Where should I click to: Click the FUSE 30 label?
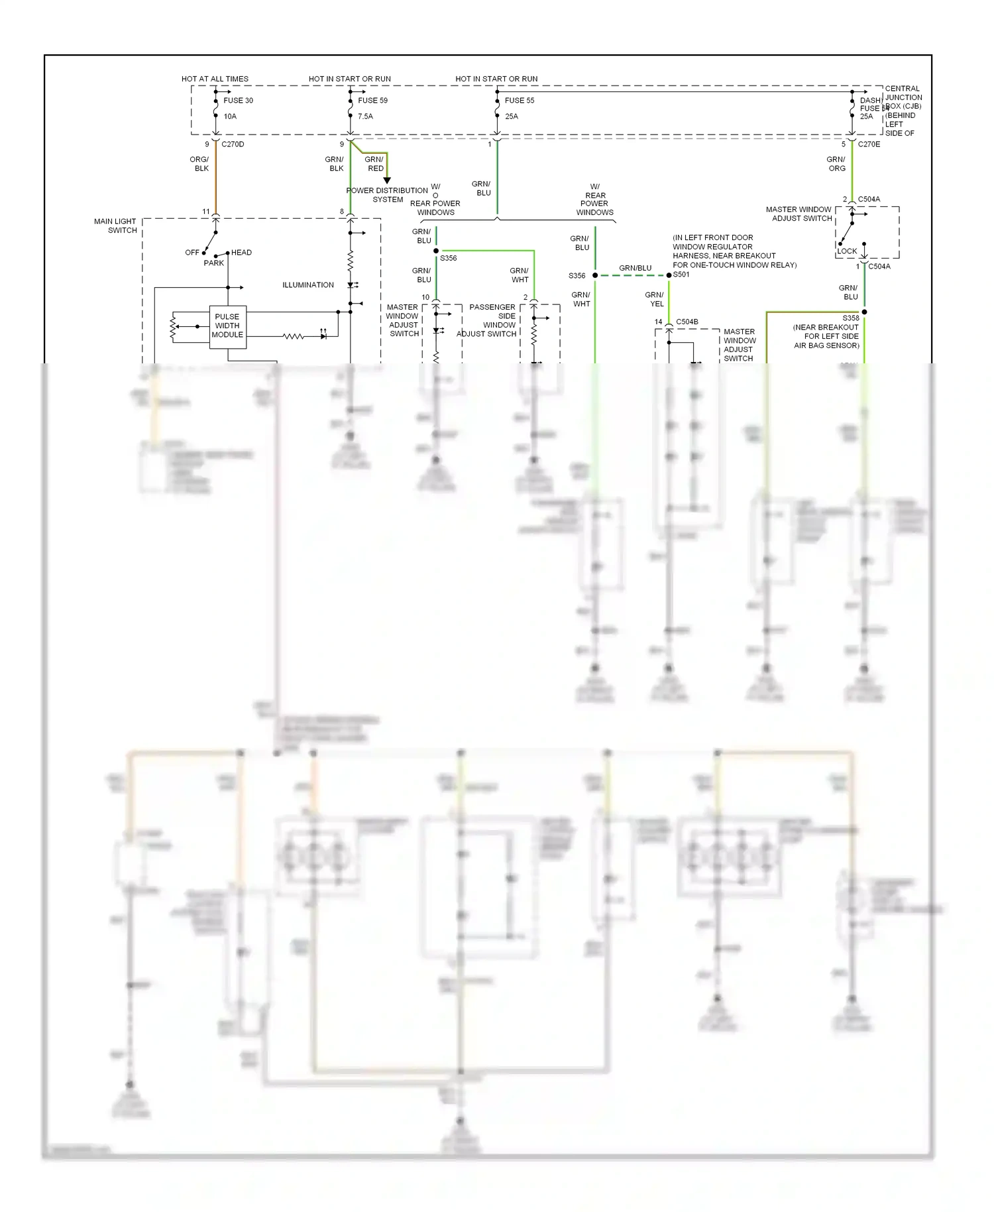click(x=238, y=101)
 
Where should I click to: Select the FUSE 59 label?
click(x=372, y=101)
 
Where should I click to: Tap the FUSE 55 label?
click(x=519, y=101)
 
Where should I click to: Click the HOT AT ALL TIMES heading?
click(x=215, y=79)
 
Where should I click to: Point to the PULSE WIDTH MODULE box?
click(x=227, y=326)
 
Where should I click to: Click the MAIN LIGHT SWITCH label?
click(x=116, y=226)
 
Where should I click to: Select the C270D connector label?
click(x=233, y=145)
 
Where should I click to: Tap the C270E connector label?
click(x=869, y=145)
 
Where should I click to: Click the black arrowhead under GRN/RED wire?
click(x=387, y=180)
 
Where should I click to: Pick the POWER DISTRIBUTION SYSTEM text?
click(x=387, y=195)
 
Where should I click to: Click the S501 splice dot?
click(x=669, y=275)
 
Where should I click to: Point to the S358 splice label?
click(x=851, y=318)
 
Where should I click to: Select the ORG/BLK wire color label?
click(x=199, y=164)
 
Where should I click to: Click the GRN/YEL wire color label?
click(x=655, y=299)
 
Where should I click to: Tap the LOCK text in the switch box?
click(x=847, y=251)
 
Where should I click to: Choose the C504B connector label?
click(x=687, y=322)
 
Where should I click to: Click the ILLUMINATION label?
click(x=308, y=285)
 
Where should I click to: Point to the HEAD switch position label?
click(x=241, y=253)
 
